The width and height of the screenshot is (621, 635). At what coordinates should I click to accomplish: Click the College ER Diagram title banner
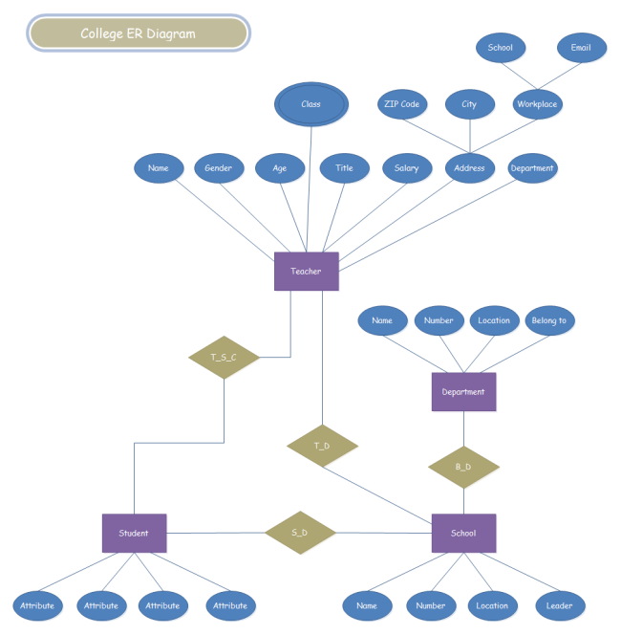coord(139,33)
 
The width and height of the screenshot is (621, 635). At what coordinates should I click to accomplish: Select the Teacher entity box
coord(307,272)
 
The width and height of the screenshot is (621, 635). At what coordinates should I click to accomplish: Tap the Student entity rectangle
coord(134,533)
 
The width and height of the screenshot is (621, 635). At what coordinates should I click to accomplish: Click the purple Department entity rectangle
coord(463,391)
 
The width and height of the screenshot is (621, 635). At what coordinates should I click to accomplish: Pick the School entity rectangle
coord(463,533)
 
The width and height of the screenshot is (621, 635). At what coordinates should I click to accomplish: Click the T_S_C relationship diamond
coord(224,358)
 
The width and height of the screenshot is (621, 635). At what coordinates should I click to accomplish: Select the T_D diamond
coord(322,446)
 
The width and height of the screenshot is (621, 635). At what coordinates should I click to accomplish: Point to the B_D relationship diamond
coord(463,467)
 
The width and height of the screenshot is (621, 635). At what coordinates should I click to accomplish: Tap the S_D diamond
coord(300,533)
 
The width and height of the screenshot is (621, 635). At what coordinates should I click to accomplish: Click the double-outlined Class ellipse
coord(310,105)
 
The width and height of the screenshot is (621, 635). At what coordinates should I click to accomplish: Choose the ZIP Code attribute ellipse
coord(402,104)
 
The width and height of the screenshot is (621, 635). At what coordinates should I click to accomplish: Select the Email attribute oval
coord(581,48)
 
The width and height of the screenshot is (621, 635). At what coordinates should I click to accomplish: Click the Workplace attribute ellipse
coord(537,104)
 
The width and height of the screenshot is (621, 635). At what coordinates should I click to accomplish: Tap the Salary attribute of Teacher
coord(406,168)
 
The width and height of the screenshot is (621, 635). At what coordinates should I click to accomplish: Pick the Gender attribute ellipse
coord(219,168)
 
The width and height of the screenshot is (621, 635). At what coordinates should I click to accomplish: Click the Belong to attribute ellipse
coord(548,320)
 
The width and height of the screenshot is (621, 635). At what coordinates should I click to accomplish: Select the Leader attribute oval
coord(560,605)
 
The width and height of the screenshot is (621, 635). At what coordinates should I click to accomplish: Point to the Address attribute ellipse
coord(469,168)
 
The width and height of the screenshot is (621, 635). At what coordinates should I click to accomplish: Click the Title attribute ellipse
coord(344,168)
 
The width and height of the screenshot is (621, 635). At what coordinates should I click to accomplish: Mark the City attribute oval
coord(469,104)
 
